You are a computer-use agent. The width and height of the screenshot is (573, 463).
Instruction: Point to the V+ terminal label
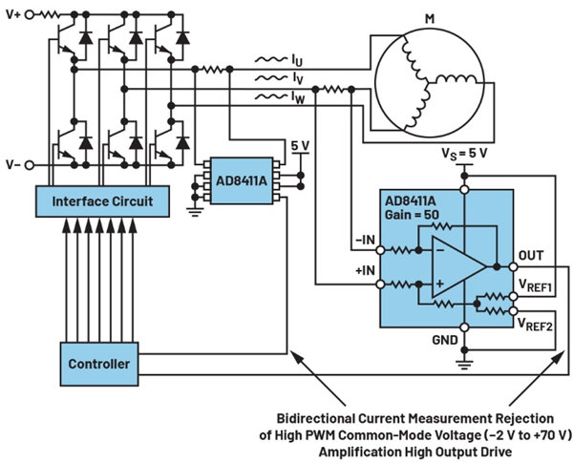pos(12,15)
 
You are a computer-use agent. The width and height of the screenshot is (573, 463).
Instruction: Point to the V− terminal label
pos(12,164)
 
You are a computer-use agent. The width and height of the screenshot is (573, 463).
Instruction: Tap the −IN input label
pos(364,240)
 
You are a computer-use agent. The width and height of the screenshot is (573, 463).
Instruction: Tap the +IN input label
pos(364,271)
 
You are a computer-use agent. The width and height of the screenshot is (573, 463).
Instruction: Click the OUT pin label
pos(532,256)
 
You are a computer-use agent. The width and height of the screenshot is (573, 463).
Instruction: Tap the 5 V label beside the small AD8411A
pos(301,146)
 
